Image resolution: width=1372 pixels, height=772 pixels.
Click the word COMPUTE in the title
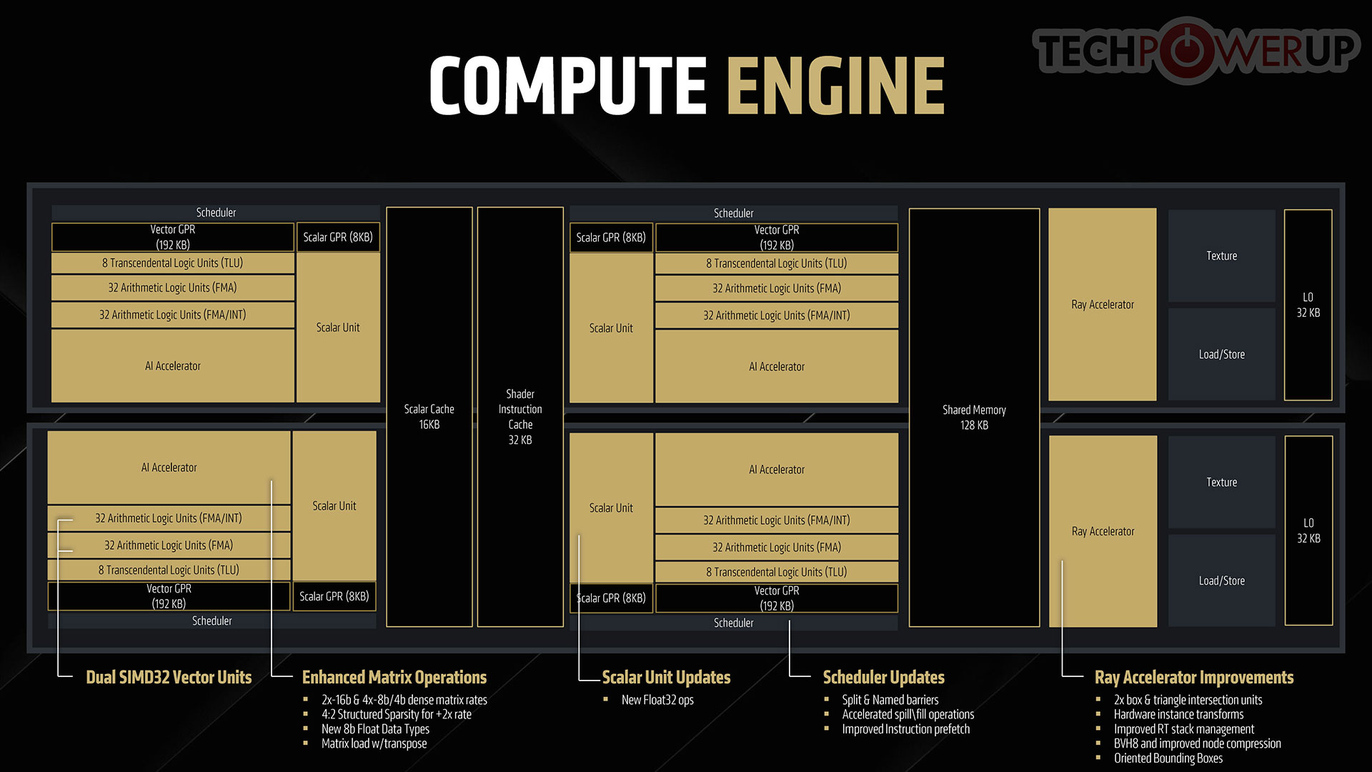pos(569,85)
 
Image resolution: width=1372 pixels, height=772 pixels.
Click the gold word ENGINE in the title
pos(836,85)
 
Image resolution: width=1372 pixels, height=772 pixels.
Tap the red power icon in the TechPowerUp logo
pos(1188,50)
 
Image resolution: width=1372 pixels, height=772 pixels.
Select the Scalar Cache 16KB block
pos(429,417)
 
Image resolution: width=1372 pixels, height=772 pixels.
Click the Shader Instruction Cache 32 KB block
pos(520,417)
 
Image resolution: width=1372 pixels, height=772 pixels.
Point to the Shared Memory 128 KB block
pos(974,417)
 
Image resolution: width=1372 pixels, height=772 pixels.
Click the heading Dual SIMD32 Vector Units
pos(169,677)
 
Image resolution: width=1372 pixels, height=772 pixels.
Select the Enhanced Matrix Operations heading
pos(394,677)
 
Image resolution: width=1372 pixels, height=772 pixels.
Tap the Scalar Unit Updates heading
pos(666,677)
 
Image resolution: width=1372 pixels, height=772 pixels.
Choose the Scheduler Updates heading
pos(884,677)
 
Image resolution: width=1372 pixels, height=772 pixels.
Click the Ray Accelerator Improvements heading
pos(1194,677)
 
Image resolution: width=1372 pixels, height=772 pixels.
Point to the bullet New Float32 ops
pos(657,700)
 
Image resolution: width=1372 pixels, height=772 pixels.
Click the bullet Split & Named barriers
pos(890,700)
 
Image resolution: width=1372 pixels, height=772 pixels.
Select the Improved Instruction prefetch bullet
pos(906,729)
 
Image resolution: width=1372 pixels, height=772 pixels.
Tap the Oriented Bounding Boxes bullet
pos(1168,758)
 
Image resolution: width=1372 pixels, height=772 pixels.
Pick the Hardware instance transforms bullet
pos(1179,714)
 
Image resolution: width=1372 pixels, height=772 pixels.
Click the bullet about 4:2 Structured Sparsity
pos(397,714)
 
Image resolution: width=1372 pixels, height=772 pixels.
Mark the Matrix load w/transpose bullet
pos(374,743)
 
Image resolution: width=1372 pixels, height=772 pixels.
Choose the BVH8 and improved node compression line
pos(1198,743)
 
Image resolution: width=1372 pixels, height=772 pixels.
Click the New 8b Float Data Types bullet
pos(376,729)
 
